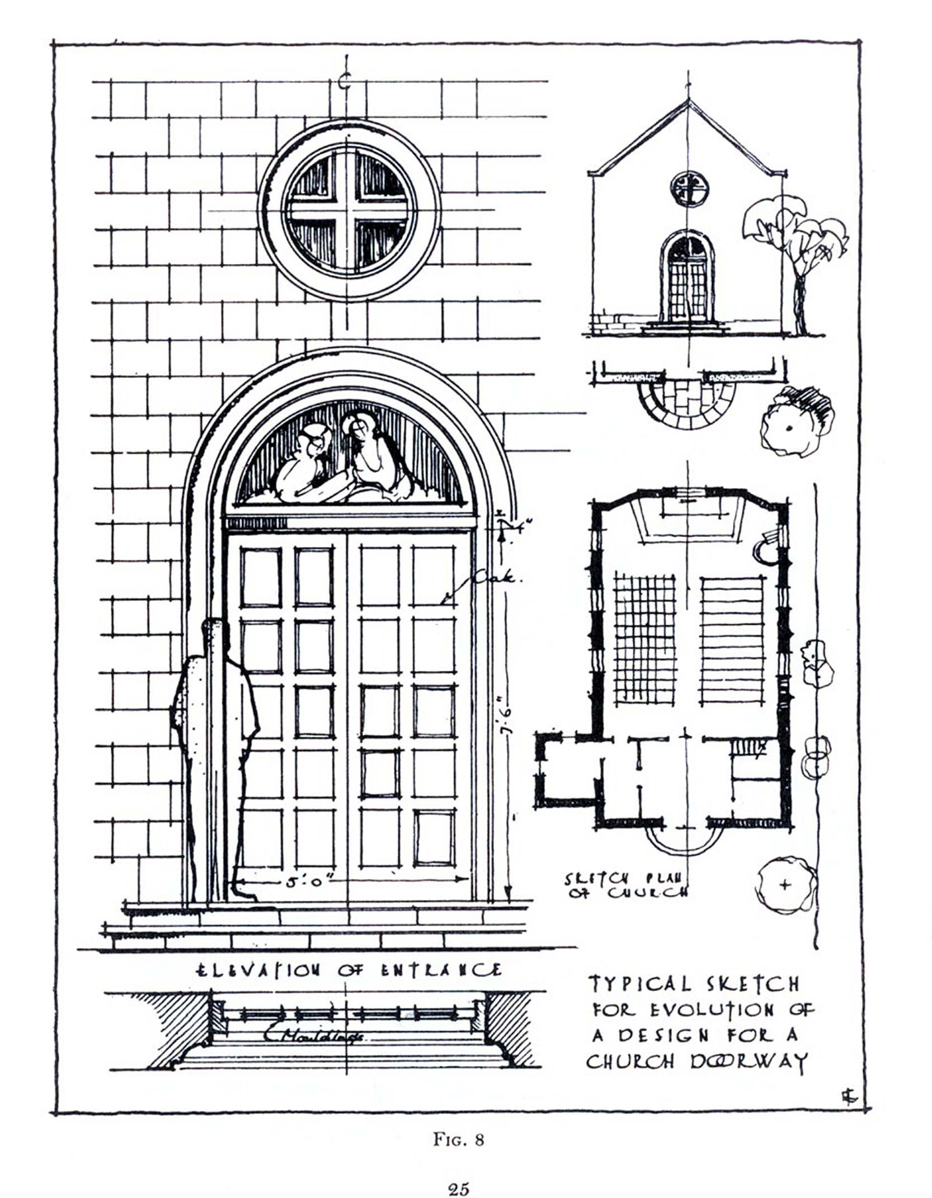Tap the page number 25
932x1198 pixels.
coord(458,1185)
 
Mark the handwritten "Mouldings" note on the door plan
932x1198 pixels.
coord(313,1034)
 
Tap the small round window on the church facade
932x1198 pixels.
coord(689,188)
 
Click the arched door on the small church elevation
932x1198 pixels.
coord(688,280)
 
